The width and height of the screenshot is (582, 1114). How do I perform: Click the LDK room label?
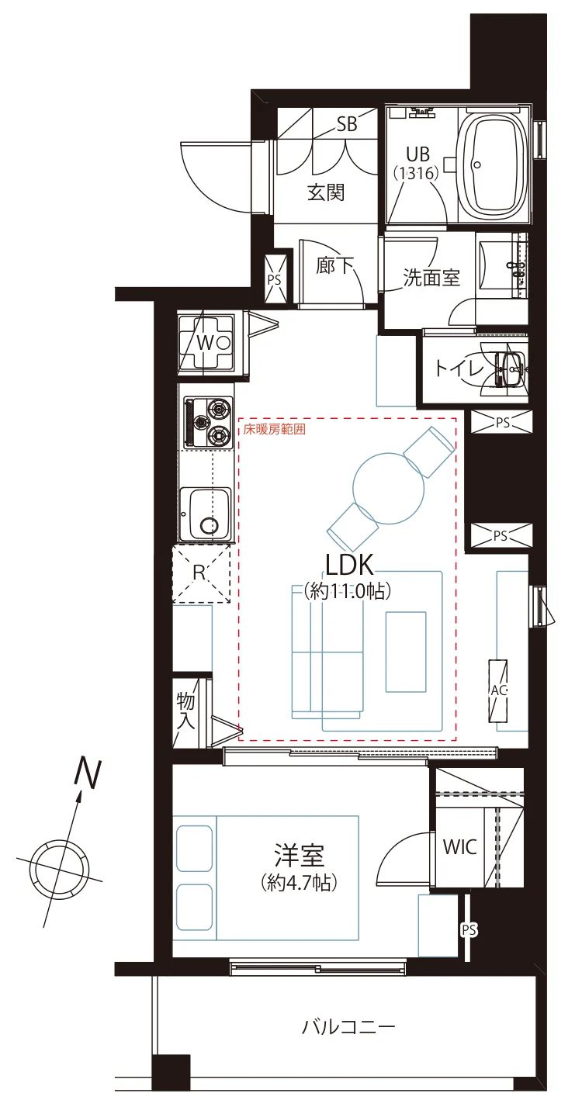348,565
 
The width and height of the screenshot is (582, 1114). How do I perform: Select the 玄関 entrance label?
326,192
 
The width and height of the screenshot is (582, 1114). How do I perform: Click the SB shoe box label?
347,124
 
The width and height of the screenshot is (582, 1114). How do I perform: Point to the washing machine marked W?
206,343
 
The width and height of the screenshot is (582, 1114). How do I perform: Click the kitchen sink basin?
206,514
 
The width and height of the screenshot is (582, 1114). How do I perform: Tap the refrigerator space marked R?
201,573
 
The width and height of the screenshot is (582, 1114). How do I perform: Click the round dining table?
389,487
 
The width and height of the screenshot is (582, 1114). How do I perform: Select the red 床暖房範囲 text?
274,429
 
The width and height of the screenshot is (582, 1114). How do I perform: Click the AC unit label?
498,690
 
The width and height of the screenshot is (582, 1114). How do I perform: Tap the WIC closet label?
459,846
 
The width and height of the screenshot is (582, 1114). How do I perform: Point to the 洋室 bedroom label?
300,854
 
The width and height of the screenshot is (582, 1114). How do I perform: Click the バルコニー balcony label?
348,1026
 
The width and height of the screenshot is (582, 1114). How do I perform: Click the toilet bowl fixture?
508,369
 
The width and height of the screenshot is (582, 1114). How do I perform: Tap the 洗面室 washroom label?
431,278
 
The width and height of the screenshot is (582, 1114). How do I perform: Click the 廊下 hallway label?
334,265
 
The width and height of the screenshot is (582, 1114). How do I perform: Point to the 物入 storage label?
185,711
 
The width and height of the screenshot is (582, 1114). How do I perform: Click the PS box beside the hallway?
275,279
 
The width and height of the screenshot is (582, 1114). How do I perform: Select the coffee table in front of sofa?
405,652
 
